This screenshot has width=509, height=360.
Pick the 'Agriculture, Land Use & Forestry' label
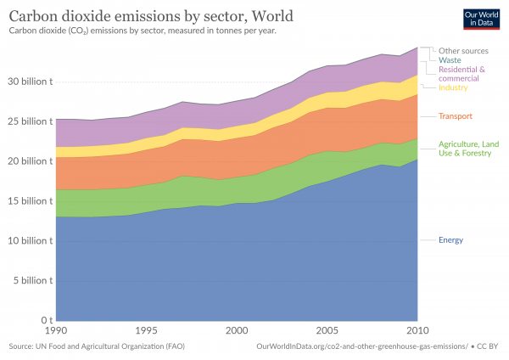point(466,149)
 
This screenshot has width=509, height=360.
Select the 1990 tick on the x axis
point(56,330)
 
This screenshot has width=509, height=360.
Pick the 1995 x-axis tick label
point(146,330)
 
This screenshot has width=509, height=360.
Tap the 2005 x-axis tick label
point(327,330)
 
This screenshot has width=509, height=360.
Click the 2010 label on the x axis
point(417,330)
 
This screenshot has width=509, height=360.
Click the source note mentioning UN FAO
point(95,346)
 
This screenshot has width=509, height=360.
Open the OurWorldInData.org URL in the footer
point(361,346)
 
